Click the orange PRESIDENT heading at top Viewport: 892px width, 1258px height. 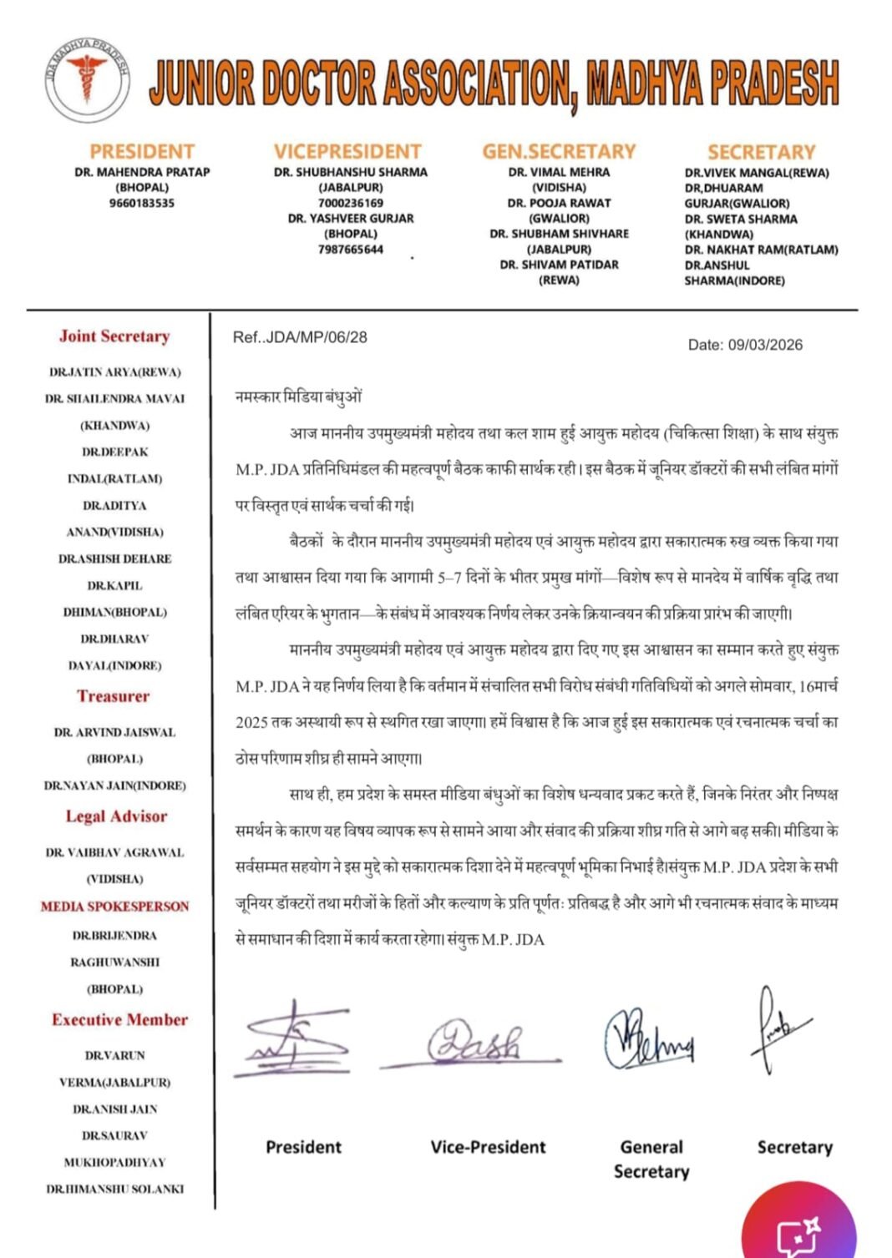(142, 152)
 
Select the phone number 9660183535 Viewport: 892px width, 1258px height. (142, 203)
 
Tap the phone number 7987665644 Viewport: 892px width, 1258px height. (351, 250)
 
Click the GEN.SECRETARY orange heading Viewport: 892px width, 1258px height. (559, 152)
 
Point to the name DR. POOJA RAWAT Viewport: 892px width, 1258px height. (559, 203)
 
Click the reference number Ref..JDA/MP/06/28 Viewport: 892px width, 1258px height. (300, 337)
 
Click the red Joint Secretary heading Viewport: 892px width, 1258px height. (114, 336)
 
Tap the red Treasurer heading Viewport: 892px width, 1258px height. (114, 696)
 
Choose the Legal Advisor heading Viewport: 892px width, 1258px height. (116, 816)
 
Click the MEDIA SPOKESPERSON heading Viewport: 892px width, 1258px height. (115, 906)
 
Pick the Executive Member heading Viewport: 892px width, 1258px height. (119, 1019)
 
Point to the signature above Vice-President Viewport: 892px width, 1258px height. (473, 1043)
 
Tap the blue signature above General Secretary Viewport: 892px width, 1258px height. (648, 1039)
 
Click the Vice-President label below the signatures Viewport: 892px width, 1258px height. (488, 1147)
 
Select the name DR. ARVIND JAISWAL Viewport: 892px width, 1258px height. (114, 732)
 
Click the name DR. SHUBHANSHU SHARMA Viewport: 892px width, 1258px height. (351, 172)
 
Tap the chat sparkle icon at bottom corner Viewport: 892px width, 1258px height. (799, 1234)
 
